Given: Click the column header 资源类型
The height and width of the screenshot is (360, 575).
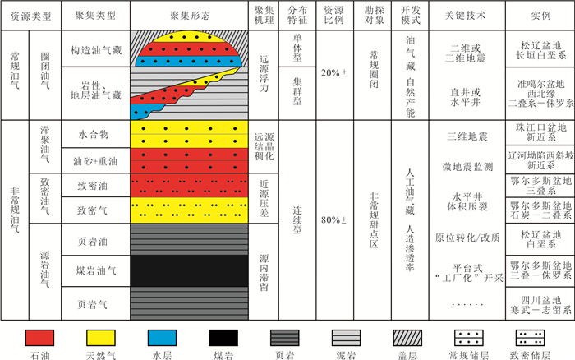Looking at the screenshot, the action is click(31, 16).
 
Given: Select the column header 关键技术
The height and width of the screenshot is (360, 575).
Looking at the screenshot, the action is click(467, 16).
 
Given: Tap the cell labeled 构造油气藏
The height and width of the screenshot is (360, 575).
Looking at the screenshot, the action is click(96, 48).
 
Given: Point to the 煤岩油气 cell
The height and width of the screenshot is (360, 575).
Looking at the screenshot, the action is click(96, 271).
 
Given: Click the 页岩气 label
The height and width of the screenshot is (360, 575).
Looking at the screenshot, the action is click(92, 304).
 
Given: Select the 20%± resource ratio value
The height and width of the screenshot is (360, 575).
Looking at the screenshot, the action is click(333, 73).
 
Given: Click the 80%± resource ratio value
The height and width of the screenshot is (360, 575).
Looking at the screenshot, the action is click(333, 219).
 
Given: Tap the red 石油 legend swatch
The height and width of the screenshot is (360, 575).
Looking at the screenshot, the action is click(39, 338).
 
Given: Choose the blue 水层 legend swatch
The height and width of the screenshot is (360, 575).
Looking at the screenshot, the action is click(162, 338).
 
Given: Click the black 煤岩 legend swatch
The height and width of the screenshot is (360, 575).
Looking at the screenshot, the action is click(223, 338).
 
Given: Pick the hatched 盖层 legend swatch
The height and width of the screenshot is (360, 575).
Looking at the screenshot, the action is click(407, 338).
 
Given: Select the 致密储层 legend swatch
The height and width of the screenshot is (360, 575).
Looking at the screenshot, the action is click(530, 338).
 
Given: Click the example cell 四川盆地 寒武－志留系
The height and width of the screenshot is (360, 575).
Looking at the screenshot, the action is click(540, 304).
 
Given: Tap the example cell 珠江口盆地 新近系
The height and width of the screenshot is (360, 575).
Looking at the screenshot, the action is click(540, 132).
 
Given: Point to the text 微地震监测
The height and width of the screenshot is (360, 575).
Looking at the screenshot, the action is click(467, 167).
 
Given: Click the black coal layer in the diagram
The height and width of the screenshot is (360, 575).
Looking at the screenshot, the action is click(189, 271).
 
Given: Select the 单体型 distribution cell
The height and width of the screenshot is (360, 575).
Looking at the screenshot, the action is click(297, 48).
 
